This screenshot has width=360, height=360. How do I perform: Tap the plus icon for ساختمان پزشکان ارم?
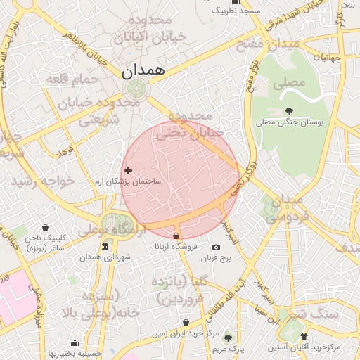[x=128, y=170]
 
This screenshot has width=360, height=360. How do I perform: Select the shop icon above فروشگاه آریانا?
[x=175, y=236]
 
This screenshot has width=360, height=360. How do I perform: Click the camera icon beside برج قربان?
[x=215, y=247]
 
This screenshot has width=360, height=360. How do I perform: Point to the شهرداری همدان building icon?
[x=105, y=246]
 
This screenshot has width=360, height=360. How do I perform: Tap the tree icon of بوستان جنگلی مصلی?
[x=289, y=110]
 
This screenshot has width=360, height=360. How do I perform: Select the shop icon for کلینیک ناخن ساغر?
[x=46, y=227]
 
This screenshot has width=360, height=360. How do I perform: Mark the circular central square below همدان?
[x=136, y=89]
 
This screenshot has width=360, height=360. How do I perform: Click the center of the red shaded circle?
[x=182, y=179]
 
